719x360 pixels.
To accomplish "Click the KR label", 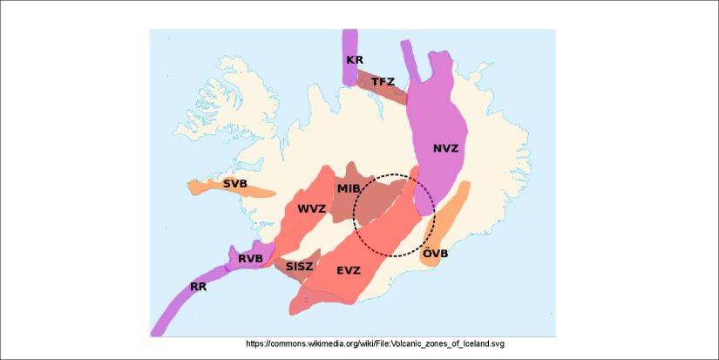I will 355,60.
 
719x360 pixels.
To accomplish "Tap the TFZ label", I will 383,82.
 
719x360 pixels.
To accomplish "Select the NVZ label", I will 445,148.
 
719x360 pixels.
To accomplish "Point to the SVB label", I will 234,184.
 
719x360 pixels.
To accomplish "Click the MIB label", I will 349,189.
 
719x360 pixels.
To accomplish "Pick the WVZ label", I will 311,209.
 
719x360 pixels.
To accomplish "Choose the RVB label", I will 251,258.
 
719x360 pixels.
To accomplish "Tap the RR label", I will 200,286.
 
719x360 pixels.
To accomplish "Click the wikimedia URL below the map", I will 376,344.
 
